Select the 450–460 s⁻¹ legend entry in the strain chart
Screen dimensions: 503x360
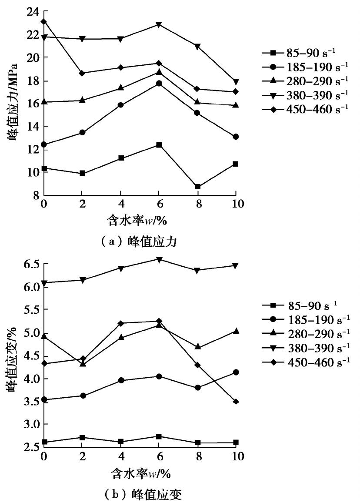tap(305, 362)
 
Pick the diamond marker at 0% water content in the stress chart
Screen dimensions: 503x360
tap(43, 21)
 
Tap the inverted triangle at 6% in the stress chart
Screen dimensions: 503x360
tap(159, 25)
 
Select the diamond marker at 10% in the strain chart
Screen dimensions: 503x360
tap(236, 402)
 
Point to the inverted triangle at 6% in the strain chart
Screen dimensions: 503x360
tap(159, 260)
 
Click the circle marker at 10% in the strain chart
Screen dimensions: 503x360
tap(236, 372)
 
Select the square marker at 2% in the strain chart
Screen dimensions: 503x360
tap(82, 437)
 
